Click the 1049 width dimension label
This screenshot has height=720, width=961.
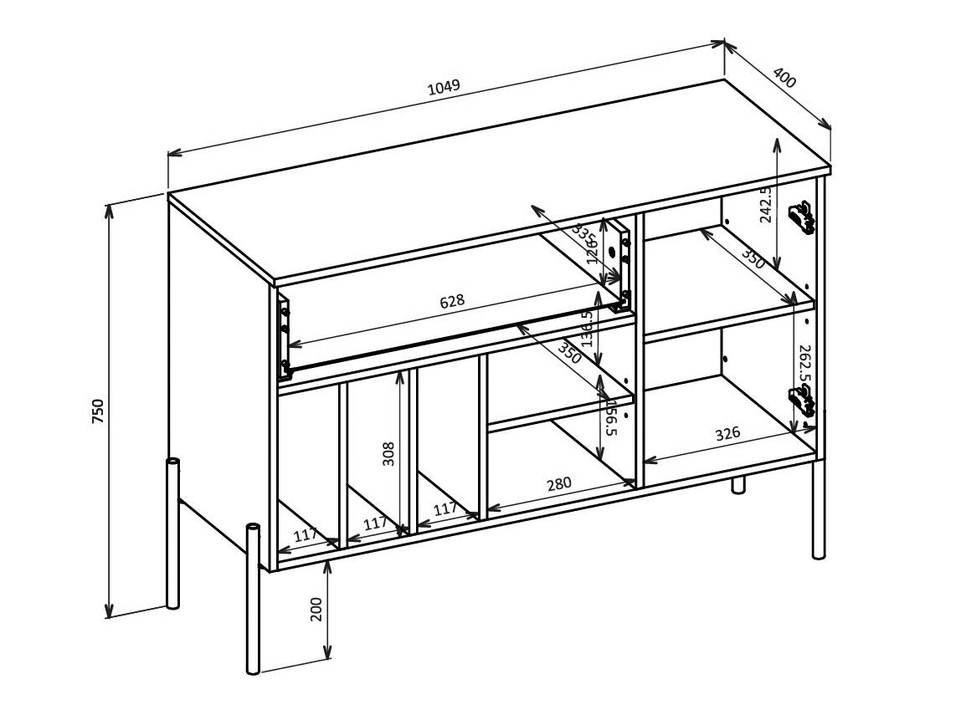click(x=444, y=87)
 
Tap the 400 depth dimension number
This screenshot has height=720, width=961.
click(x=784, y=79)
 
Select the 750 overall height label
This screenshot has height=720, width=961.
click(x=98, y=411)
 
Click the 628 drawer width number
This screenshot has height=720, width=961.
click(x=452, y=300)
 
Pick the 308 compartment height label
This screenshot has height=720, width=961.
click(x=388, y=454)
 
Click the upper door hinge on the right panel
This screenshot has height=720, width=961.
click(x=803, y=217)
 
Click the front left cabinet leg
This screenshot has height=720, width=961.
click(x=253, y=598)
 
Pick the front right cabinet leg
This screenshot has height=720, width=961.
click(x=819, y=510)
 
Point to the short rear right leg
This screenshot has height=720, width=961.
click(x=738, y=484)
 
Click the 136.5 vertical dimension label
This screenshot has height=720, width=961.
click(x=588, y=329)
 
